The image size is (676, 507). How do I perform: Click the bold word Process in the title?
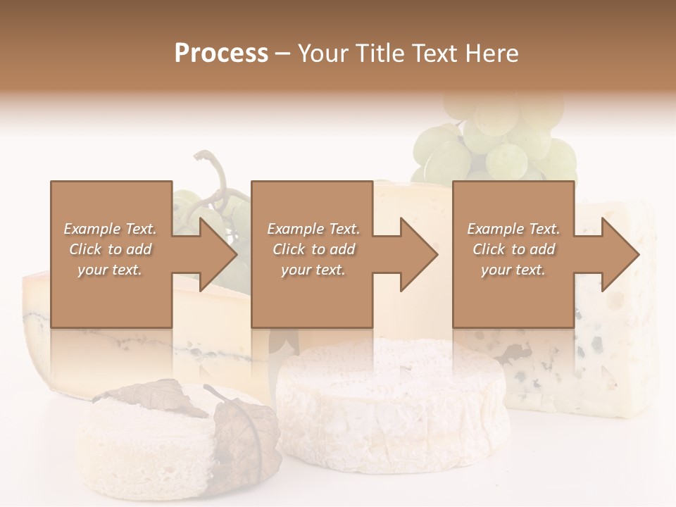coord(221,53)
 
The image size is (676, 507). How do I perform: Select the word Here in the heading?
coord(493,53)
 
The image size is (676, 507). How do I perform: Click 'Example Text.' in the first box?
coord(110,229)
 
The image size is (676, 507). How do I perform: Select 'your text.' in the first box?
coord(110,270)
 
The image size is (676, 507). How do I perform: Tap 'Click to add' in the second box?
coord(313,249)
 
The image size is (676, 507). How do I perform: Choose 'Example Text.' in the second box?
coord(313,229)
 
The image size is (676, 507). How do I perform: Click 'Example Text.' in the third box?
coord(513,229)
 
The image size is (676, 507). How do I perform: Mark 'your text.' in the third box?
coord(513,270)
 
